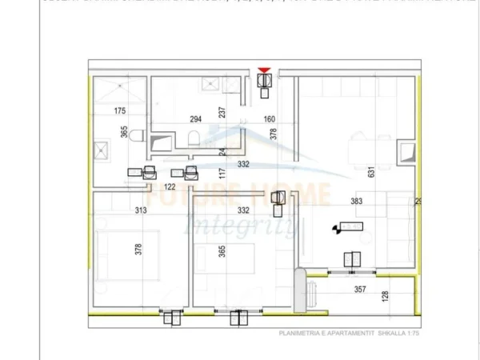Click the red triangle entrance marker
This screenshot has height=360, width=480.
click(265, 71)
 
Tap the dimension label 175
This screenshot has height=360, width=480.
click(120, 111)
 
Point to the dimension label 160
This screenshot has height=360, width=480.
click(269, 120)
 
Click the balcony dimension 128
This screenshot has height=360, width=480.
click(386, 297)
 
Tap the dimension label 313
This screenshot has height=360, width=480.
click(142, 210)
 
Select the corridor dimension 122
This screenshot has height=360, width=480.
click(170, 186)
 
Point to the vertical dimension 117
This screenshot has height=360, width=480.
click(224, 172)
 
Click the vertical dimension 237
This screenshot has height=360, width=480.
click(223, 113)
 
